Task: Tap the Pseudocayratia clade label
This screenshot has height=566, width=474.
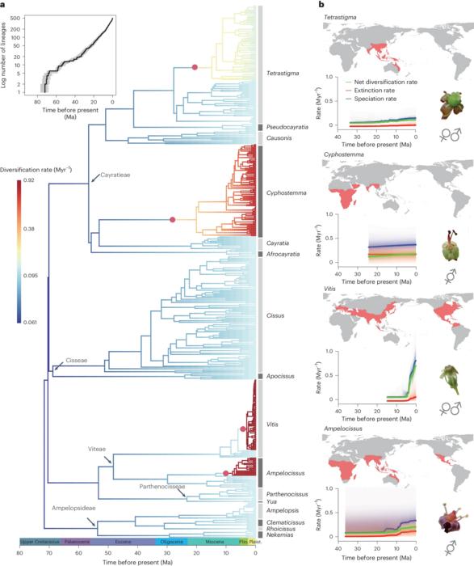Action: tap(292, 127)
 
